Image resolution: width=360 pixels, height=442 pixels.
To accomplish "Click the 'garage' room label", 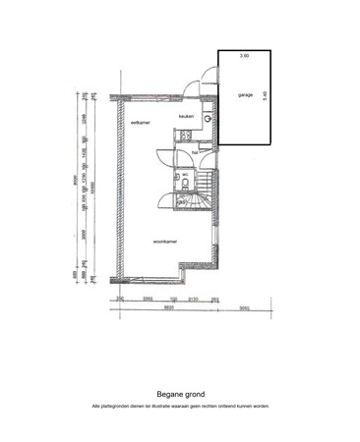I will click(245, 95).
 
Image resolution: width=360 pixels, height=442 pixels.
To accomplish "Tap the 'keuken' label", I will click(186, 115).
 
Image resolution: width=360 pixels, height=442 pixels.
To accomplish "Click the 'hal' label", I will click(195, 152).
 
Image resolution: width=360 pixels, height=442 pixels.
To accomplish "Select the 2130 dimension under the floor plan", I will click(194, 298).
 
